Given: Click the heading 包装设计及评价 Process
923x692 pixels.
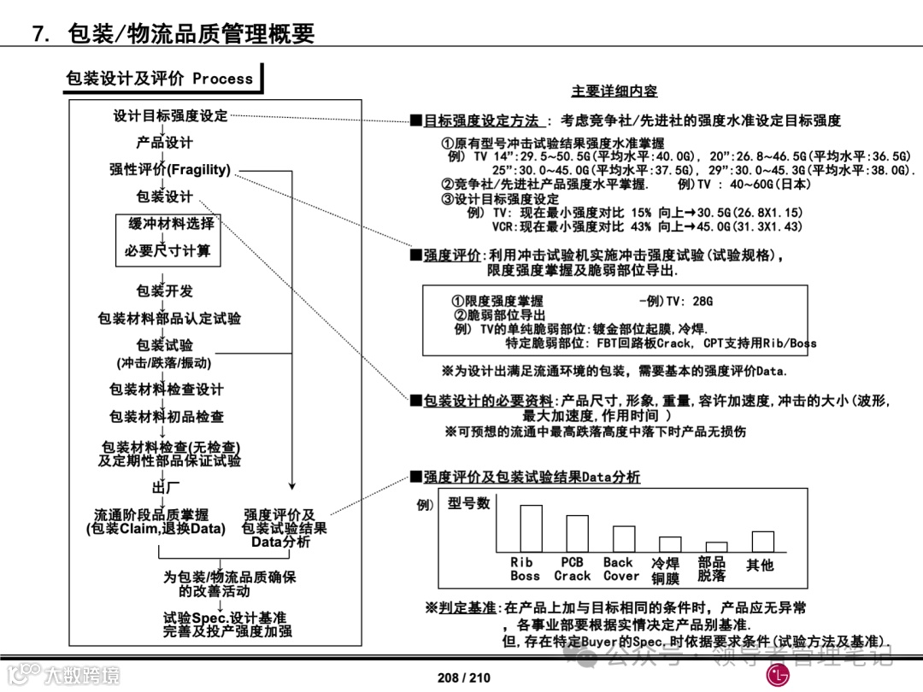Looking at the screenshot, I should coord(160,79).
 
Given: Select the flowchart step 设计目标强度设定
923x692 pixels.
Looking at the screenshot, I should coord(171,116).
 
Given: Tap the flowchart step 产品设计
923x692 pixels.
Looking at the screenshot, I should coord(164,143).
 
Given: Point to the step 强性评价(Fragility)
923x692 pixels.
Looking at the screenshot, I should coord(170,169).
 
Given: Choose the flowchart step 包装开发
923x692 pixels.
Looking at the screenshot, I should coord(164,291).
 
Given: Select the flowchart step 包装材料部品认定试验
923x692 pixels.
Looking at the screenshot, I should coord(169,319).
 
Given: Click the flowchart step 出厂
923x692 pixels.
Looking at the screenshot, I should coord(166,488).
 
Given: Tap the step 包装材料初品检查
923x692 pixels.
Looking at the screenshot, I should coord(167,417).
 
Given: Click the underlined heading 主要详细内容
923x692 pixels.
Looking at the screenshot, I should coord(614,91).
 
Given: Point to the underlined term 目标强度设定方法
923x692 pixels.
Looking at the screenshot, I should coord(481,121).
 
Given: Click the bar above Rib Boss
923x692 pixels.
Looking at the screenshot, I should coord(531,529).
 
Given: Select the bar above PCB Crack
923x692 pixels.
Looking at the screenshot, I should coord(577,534).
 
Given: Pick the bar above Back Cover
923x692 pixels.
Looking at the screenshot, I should coord(624,539).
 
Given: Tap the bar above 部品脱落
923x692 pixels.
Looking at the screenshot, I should coord(716,547).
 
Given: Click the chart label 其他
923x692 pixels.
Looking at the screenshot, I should coord(760,565).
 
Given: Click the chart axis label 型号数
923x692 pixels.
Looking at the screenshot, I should coord(469,504).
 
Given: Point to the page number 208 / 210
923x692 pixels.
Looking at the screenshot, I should coord(464,677).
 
